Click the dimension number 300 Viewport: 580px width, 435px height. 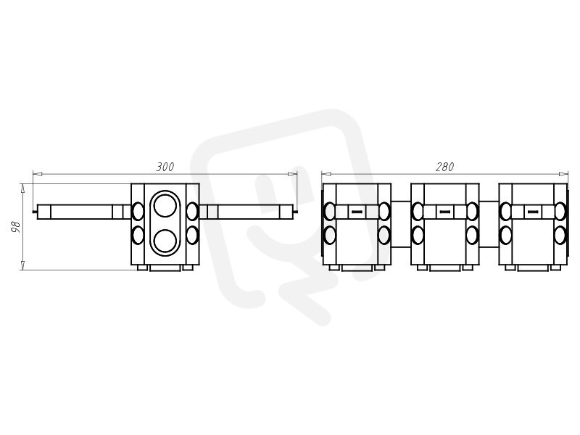[x=165, y=167]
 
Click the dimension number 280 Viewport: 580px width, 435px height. [x=444, y=167]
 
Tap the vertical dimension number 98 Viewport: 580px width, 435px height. [x=15, y=227]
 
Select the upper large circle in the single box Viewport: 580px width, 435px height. [x=165, y=206]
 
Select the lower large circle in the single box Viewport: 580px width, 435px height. [x=165, y=241]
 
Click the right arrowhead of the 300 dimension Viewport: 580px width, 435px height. [x=293, y=174]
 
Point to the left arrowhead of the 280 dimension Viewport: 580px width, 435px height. [x=326, y=174]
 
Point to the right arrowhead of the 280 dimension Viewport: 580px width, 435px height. [x=563, y=174]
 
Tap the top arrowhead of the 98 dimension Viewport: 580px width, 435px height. [x=23, y=188]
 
